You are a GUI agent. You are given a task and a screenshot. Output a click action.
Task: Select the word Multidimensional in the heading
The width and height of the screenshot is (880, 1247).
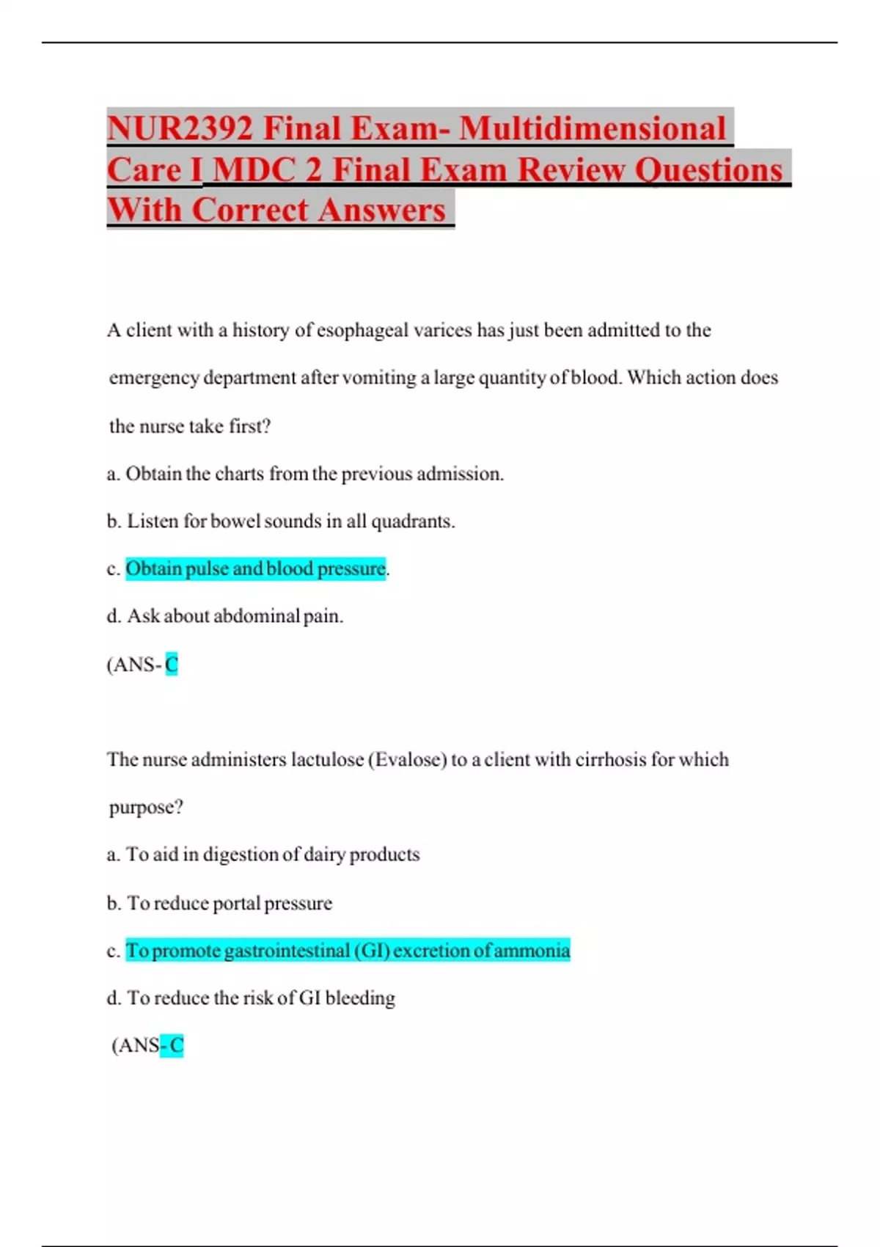(593, 129)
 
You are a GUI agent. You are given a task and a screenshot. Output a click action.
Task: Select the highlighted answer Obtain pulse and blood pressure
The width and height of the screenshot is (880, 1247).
(255, 568)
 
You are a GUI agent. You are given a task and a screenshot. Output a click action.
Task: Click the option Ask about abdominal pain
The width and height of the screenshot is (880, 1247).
(235, 616)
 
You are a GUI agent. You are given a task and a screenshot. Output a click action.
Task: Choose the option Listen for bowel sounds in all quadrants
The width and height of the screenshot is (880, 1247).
(290, 522)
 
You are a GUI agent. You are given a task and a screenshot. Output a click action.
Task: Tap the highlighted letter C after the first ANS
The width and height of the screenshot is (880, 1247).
(172, 665)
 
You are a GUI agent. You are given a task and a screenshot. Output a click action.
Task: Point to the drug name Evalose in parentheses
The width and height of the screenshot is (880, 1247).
(409, 759)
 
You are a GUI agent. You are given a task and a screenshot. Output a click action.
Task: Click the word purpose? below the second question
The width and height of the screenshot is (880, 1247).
(146, 808)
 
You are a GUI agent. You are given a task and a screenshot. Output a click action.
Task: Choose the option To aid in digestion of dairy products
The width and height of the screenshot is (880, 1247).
(273, 855)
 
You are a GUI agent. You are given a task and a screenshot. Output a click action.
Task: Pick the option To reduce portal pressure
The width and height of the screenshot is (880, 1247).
(230, 903)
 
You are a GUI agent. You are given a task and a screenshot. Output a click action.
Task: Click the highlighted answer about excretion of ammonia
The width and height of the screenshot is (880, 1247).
(348, 951)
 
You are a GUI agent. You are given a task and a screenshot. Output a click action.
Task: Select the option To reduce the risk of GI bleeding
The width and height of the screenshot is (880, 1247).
(261, 998)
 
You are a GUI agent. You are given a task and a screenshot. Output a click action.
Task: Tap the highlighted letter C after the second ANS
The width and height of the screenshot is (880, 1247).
(177, 1045)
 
